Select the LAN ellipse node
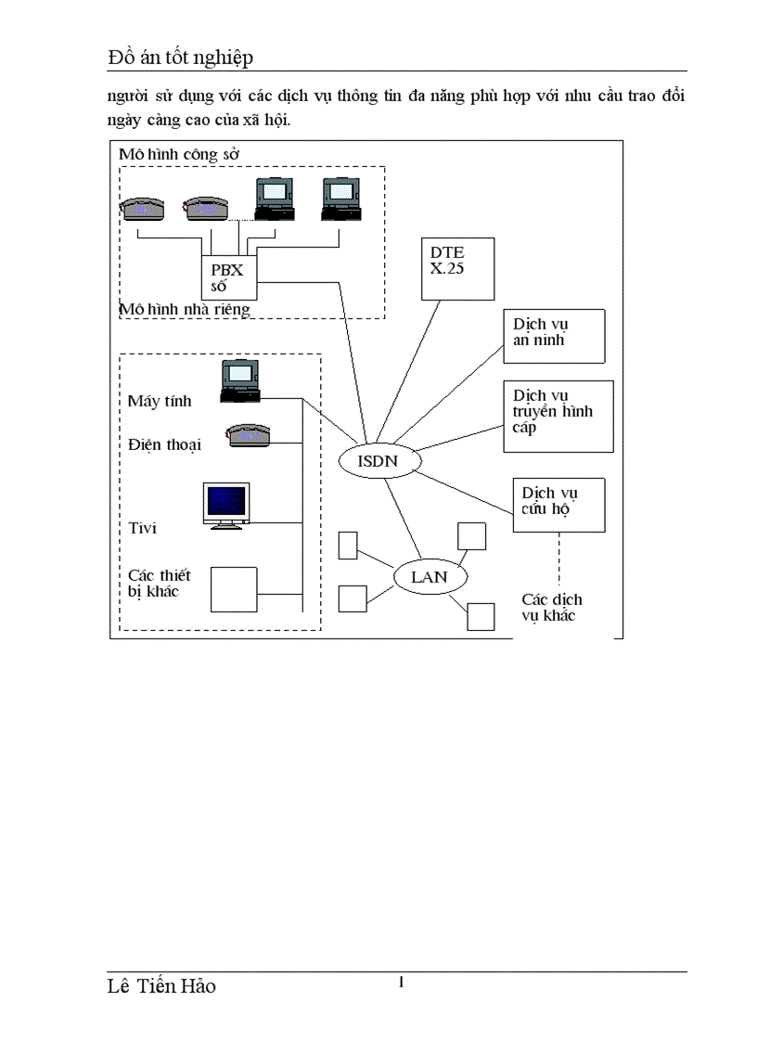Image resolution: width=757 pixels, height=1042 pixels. (429, 576)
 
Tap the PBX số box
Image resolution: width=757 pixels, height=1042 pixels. (228, 277)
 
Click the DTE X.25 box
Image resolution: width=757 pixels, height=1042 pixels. (457, 268)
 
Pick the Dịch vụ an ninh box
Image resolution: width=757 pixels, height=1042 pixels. (554, 335)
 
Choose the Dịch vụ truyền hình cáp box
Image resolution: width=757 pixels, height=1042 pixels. (558, 415)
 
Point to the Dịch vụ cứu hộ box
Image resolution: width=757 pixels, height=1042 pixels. (558, 504)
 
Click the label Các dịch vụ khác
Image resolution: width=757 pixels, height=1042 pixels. (551, 607)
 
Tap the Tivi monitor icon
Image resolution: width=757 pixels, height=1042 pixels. (226, 506)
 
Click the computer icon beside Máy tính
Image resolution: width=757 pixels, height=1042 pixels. (240, 381)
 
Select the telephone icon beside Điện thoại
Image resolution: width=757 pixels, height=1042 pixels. (248, 434)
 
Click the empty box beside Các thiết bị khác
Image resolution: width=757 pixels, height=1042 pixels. (234, 589)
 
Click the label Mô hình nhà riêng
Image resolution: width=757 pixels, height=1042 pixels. (186, 309)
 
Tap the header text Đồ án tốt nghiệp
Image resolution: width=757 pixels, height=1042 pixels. (180, 58)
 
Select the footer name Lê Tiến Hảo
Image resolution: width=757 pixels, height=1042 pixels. (161, 986)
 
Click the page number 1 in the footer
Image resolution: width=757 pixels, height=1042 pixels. (400, 982)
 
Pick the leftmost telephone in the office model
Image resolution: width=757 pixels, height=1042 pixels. (143, 207)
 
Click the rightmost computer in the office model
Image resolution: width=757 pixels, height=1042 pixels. (339, 198)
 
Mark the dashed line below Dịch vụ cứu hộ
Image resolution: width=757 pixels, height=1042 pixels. (558, 556)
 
